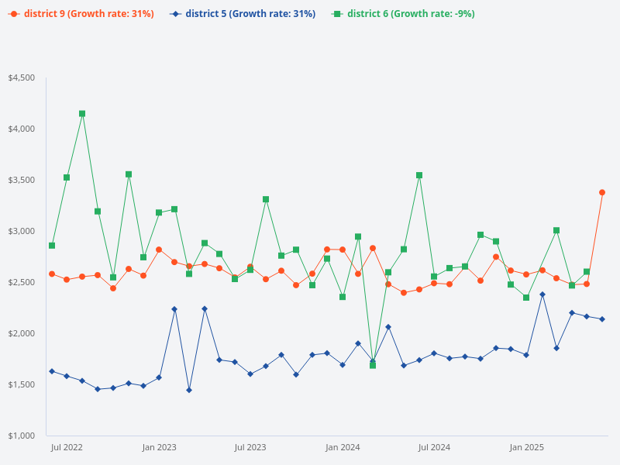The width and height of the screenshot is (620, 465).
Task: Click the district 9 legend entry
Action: pos(81,14)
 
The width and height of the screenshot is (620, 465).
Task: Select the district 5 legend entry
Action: pos(243,14)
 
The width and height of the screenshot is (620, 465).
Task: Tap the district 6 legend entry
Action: pos(403,14)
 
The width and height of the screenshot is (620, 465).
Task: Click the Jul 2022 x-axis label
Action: pos(67,447)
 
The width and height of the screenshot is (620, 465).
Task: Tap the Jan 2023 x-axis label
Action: pos(159,447)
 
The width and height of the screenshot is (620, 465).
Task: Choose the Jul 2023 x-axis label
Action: pos(250,447)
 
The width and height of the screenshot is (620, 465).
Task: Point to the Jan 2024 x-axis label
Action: pos(343,447)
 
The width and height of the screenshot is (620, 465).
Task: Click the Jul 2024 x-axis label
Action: pos(434,447)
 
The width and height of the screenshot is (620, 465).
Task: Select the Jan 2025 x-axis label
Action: pos(526,447)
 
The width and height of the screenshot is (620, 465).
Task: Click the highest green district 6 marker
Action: pos(82,114)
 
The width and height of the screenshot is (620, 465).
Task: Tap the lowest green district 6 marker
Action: pos(373,365)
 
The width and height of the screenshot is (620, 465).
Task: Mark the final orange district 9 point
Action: pos(602,192)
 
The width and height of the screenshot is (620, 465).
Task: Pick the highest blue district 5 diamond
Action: pos(542,294)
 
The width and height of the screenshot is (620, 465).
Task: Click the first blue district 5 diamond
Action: pos(52,371)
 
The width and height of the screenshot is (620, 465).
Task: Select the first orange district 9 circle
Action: pos(52,274)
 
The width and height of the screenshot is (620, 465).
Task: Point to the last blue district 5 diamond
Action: pos(602,319)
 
